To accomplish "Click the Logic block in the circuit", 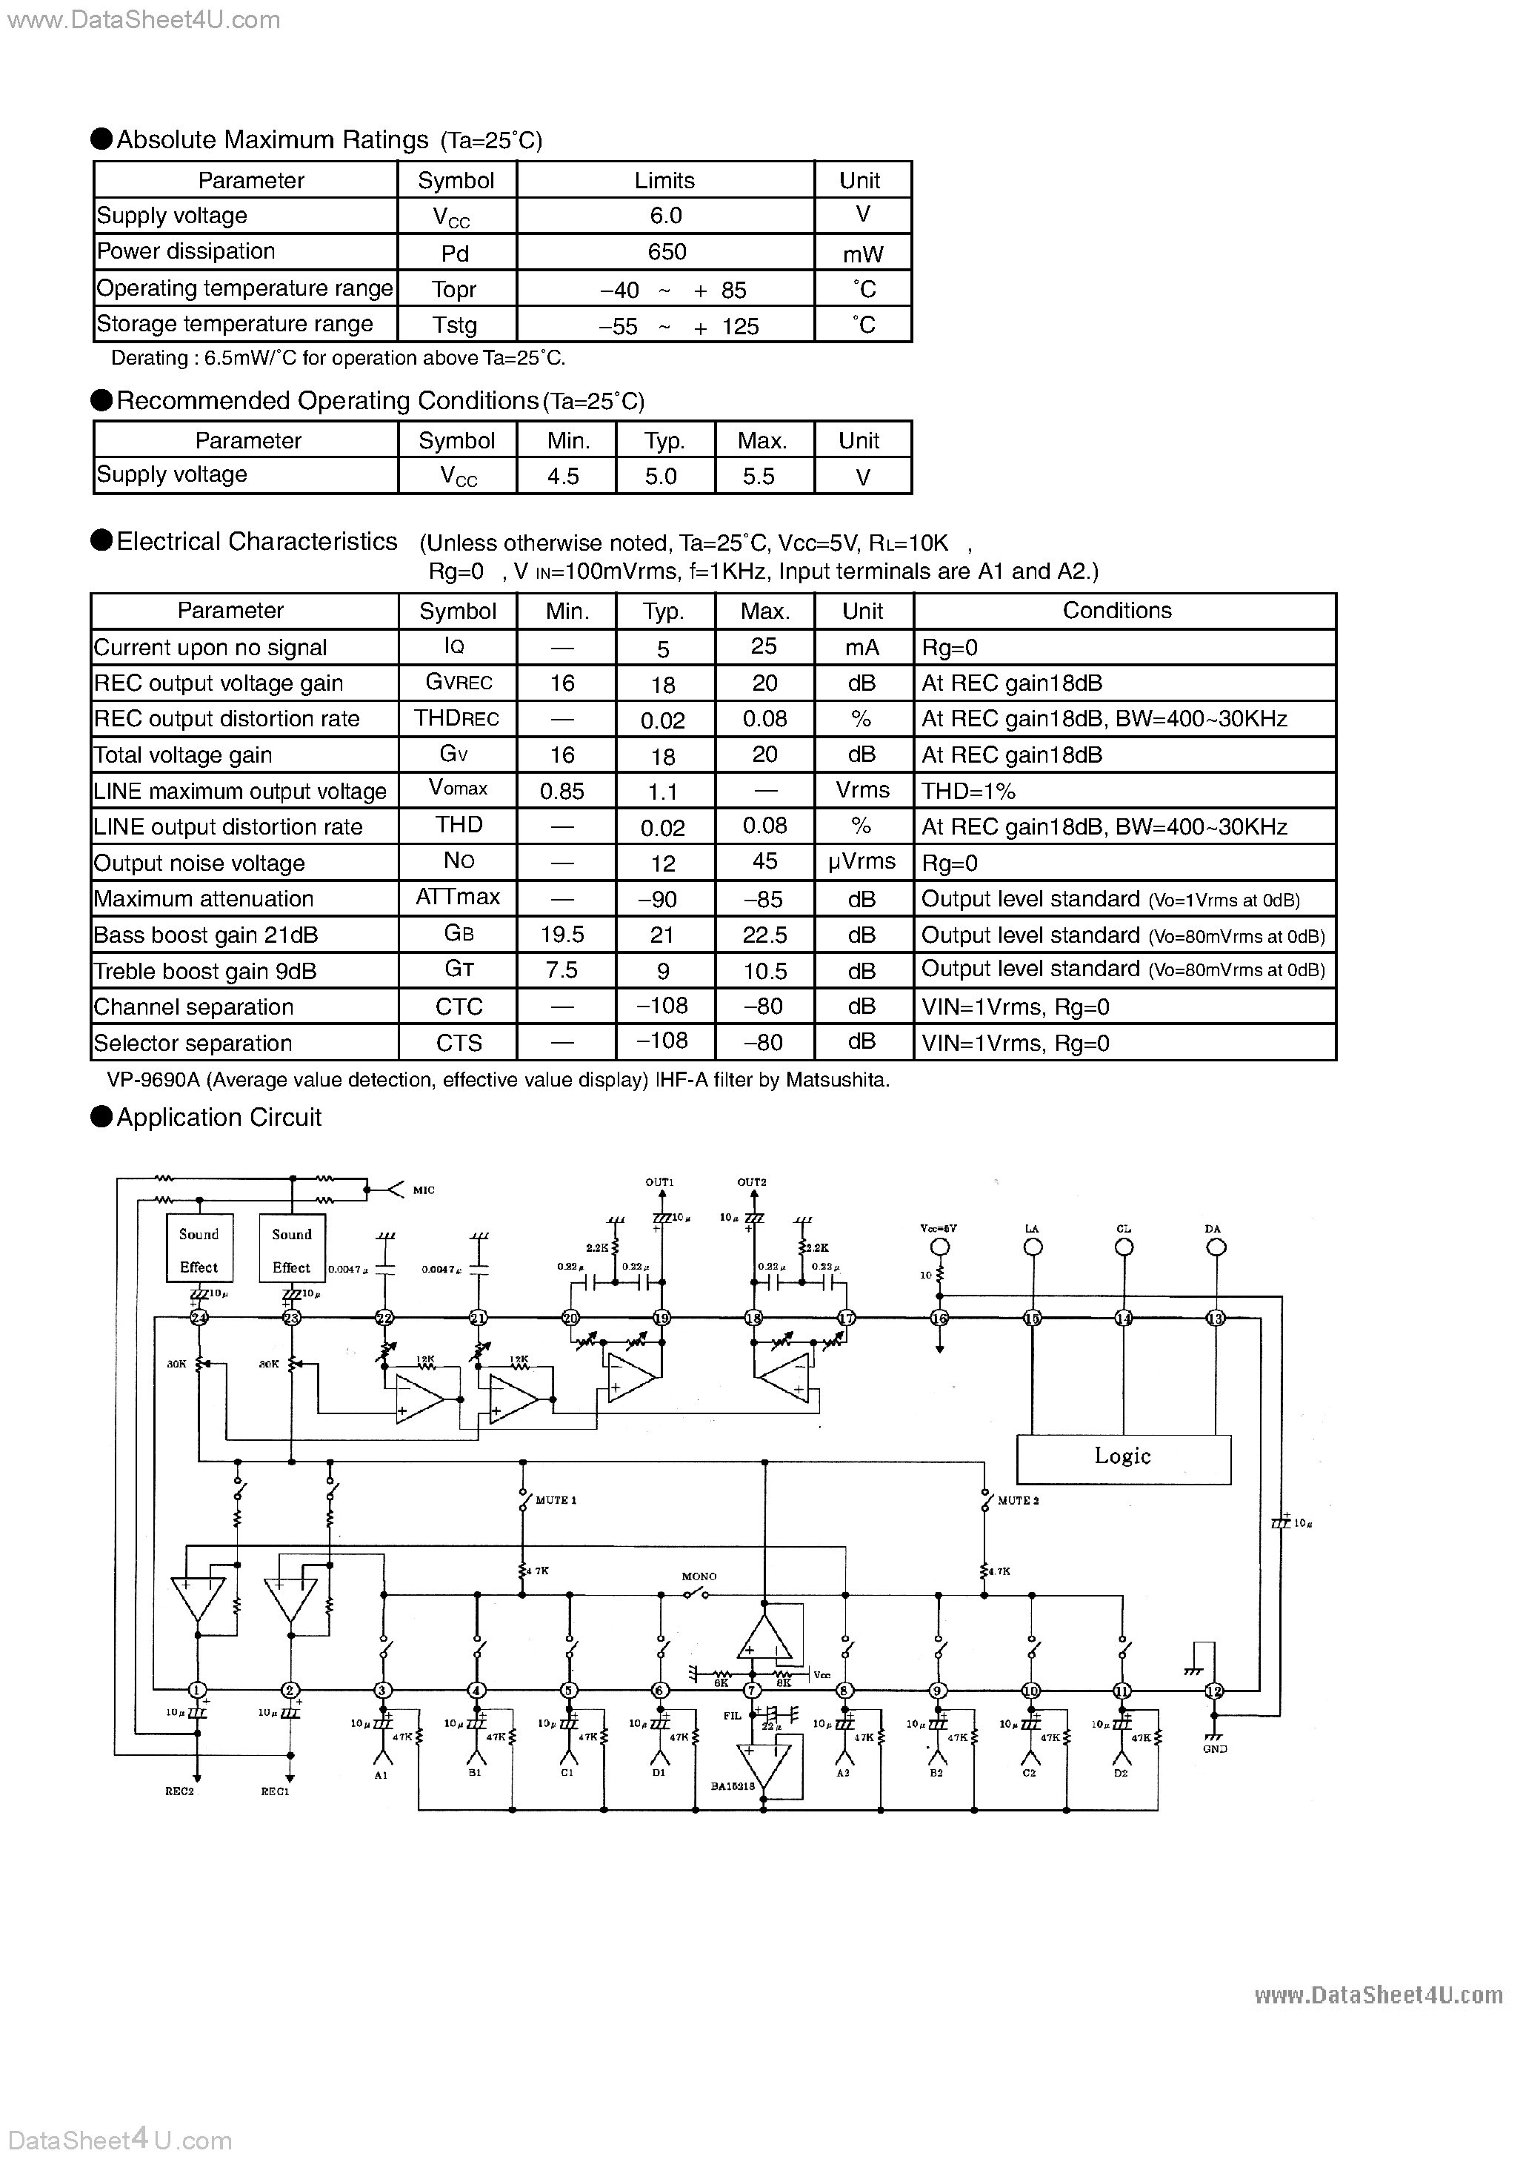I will [1123, 1456].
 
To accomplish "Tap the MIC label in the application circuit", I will [424, 1190].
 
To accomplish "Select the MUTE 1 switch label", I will [556, 1500].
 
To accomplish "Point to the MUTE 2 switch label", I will [1018, 1500].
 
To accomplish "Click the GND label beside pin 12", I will [1214, 1748].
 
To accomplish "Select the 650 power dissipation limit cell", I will [667, 251].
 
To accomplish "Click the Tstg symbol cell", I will [455, 325].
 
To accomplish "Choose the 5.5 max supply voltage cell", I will [759, 477].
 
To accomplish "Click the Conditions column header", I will [1116, 610].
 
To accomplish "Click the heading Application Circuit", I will [219, 1118].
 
